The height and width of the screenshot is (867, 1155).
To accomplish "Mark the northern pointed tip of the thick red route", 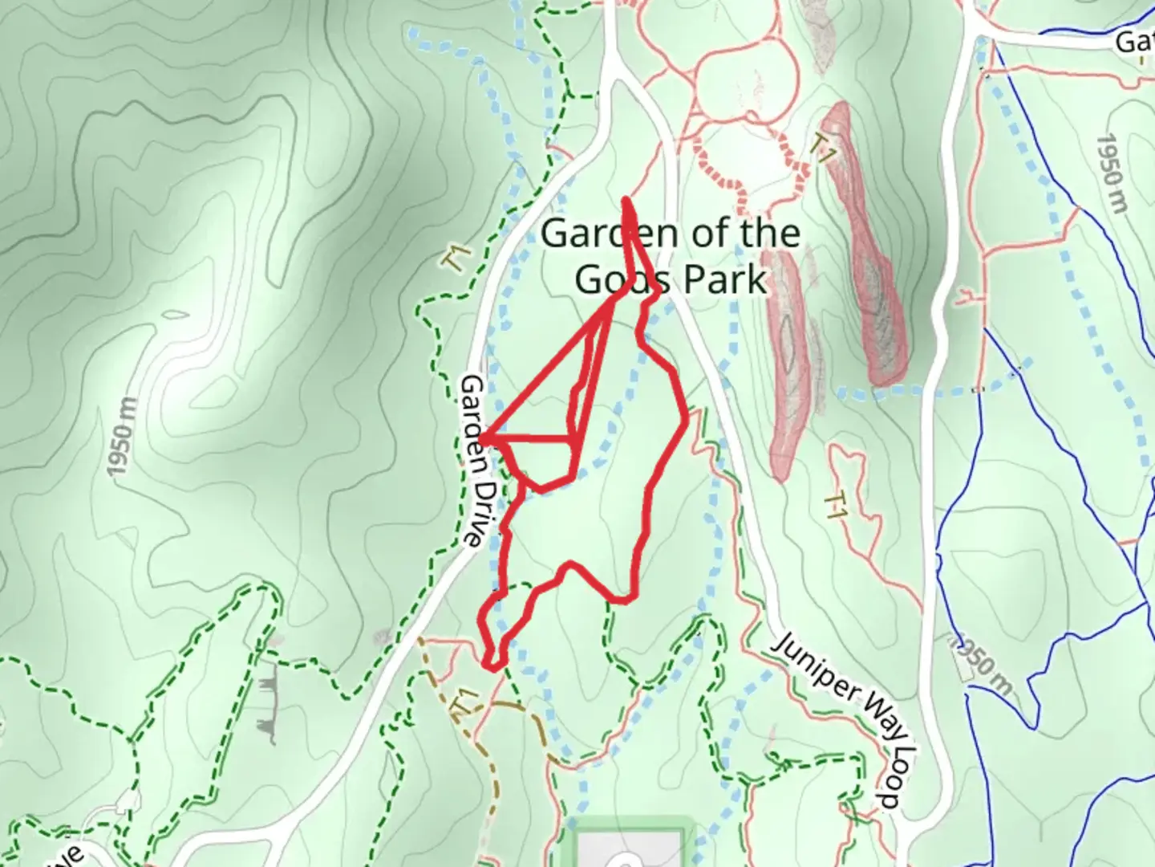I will coord(626,198).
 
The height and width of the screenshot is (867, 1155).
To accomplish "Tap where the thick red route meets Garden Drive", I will coord(483,438).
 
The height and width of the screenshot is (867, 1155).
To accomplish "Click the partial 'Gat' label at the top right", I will coord(1135,41).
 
